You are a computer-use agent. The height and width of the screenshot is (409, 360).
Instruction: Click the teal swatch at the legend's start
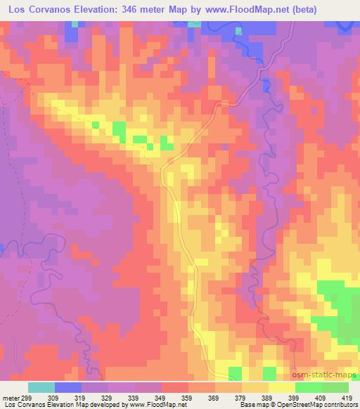[x=41, y=387]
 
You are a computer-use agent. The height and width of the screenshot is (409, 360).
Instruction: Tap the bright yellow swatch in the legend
[x=281, y=387]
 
